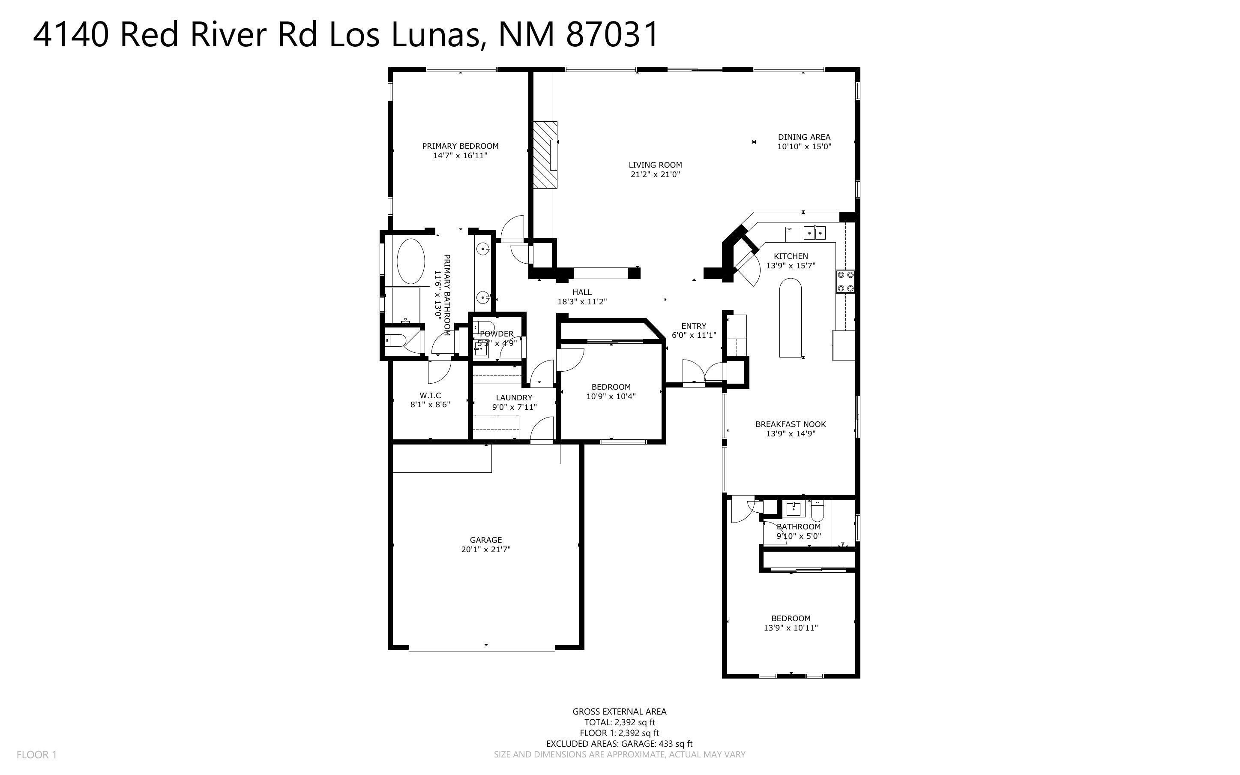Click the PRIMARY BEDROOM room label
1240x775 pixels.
[x=460, y=146]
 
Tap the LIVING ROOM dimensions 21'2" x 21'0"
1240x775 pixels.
[x=655, y=174]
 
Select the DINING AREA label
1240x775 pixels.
[x=804, y=137]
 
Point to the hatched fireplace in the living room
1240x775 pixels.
[x=545, y=155]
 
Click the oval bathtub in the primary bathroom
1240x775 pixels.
[x=411, y=261]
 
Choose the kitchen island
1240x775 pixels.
[x=791, y=318]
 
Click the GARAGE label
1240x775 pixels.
[x=485, y=540]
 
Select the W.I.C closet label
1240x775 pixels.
[x=430, y=395]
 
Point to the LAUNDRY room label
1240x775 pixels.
[x=514, y=397]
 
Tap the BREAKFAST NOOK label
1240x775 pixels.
[x=790, y=424]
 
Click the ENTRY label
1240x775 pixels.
[x=694, y=326]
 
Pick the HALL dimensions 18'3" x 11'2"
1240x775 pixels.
[x=582, y=302]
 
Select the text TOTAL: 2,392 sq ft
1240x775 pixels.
[x=619, y=722]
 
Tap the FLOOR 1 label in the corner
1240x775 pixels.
[x=36, y=754]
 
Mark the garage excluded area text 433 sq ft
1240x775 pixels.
[x=675, y=744]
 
